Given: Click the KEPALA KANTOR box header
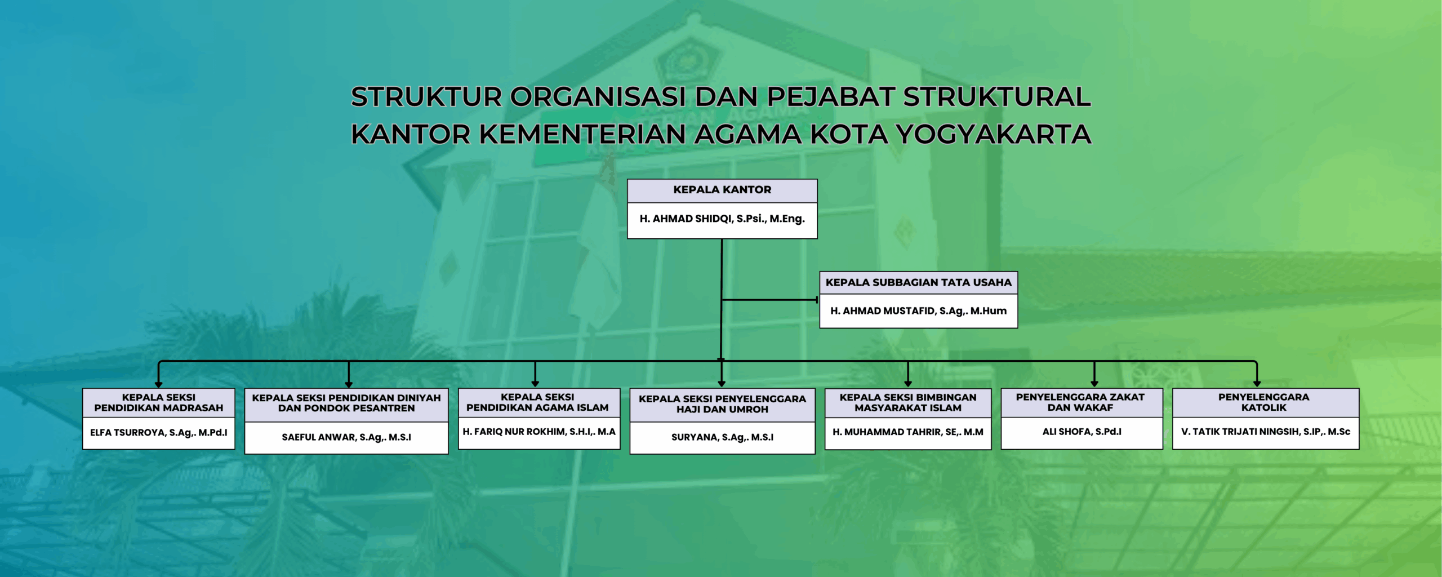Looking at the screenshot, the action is [x=722, y=190].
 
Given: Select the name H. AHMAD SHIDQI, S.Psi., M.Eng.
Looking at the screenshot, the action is [x=722, y=219].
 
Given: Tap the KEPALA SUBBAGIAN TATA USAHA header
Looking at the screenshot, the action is [x=918, y=282].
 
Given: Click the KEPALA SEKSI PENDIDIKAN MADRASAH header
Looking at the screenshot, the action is [x=159, y=402].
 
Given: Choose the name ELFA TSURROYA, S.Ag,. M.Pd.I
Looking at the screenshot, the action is [x=159, y=433].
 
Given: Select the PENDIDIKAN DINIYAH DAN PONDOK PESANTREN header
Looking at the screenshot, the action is [x=346, y=403].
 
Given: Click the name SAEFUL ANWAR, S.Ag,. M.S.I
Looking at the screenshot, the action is [x=346, y=437].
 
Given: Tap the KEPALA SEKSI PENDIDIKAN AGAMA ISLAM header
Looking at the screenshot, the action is [x=537, y=402].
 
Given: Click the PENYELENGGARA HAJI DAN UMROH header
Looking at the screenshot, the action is [x=722, y=404].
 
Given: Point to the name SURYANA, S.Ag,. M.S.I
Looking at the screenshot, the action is [x=722, y=437].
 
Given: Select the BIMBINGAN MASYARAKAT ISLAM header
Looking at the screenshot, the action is [x=908, y=402].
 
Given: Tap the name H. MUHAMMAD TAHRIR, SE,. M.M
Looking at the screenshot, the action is [x=908, y=432].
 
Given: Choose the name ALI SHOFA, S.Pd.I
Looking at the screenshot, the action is [x=1081, y=432].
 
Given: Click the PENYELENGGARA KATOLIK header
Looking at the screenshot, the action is [x=1264, y=402].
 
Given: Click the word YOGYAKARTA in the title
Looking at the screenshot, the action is [x=994, y=134].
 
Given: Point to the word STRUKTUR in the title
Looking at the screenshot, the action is [x=426, y=97].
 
